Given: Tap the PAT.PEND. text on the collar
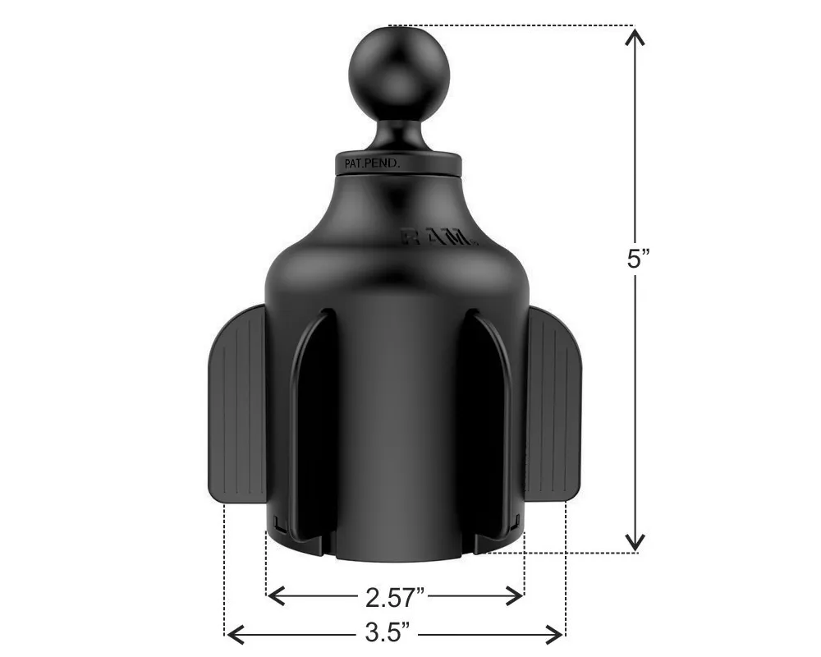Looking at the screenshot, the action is pyautogui.click(x=372, y=163).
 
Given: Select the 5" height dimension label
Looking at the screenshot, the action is pyautogui.click(x=638, y=259).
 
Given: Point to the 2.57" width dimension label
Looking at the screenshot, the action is pyautogui.click(x=395, y=598).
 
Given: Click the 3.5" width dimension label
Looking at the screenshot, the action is pyautogui.click(x=387, y=632).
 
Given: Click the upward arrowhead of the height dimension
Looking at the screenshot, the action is pyautogui.click(x=635, y=37).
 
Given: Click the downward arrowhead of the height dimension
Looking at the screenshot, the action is pyautogui.click(x=635, y=540).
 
